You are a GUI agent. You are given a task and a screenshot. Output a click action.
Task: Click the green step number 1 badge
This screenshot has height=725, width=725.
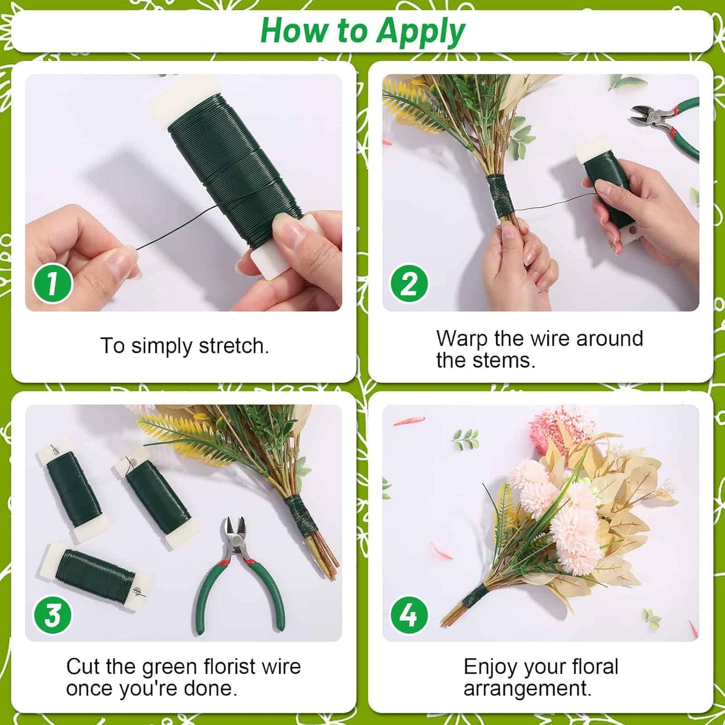(53, 283)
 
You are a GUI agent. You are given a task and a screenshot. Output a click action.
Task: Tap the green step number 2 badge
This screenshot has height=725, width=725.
(409, 283)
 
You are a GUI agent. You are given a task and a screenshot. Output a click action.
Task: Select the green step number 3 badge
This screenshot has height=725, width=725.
(53, 615)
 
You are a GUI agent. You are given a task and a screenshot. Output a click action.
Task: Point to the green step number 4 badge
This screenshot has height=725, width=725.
(409, 615)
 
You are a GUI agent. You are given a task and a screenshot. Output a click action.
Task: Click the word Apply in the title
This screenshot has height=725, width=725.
(420, 32)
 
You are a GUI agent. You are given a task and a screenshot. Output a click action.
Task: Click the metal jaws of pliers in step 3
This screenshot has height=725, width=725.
(235, 532)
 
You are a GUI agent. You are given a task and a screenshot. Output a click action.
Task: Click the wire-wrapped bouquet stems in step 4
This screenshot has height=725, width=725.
(472, 599)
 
